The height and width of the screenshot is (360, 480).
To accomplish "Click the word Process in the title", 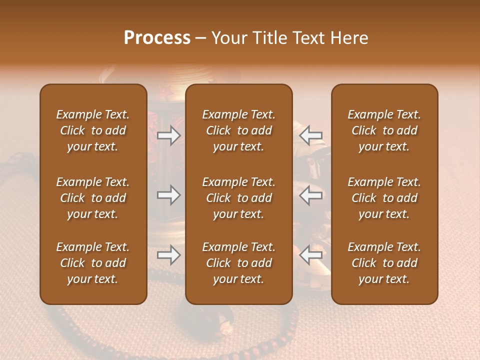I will tap(157, 38).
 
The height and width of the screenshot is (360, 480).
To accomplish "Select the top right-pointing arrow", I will tap(168, 135).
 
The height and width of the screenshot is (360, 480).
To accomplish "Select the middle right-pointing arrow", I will tap(168, 195).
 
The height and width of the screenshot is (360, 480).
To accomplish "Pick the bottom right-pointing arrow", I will tap(168, 255).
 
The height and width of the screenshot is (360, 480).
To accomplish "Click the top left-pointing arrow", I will tap(311, 135).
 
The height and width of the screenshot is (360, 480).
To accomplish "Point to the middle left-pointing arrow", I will tap(311, 195).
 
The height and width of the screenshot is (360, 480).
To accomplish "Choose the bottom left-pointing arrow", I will tap(311, 255).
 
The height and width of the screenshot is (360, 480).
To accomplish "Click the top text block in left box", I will tap(93, 130).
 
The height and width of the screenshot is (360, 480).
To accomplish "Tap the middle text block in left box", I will tap(93, 198).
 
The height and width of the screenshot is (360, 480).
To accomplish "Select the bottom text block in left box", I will tap(93, 263).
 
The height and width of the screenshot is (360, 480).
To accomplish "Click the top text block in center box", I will tap(238, 130).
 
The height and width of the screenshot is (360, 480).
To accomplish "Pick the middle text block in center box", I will tap(238, 198).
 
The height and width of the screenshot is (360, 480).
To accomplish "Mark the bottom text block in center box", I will tap(238, 263).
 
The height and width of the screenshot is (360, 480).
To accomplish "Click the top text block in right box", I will tap(384, 130).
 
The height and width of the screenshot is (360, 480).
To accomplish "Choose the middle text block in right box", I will tap(384, 198).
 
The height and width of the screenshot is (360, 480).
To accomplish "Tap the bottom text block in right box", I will tap(384, 263).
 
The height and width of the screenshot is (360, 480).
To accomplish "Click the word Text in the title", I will tap(306, 38).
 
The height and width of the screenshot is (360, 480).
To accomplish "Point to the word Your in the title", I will tap(228, 38).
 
